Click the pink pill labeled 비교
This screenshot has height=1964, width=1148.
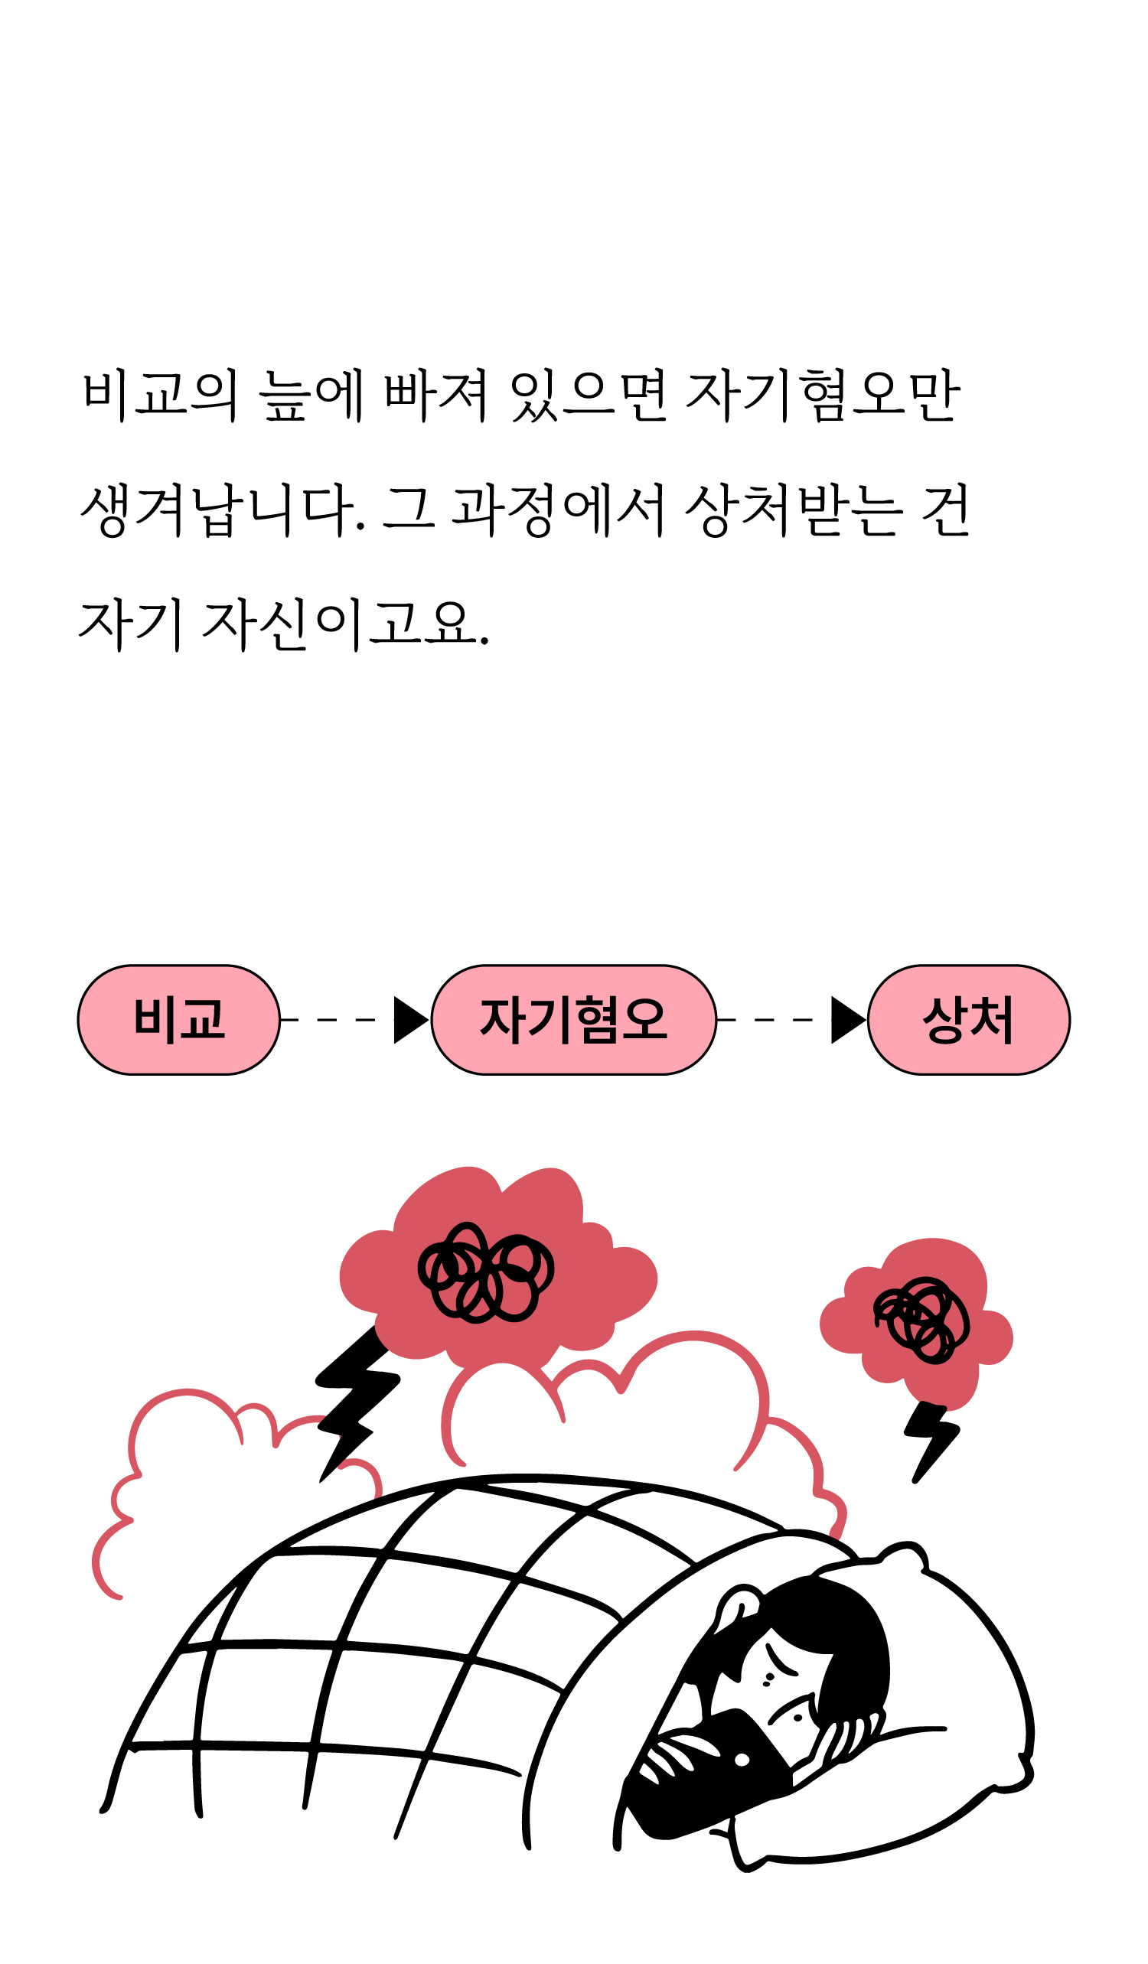click(178, 1019)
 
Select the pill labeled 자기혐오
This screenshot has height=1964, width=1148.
click(573, 1019)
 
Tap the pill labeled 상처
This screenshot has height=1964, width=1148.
click(968, 1019)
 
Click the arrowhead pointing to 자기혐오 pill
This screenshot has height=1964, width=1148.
click(409, 1019)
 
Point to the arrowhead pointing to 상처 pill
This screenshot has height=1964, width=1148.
click(846, 1019)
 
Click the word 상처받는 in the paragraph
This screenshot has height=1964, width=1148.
click(794, 510)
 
